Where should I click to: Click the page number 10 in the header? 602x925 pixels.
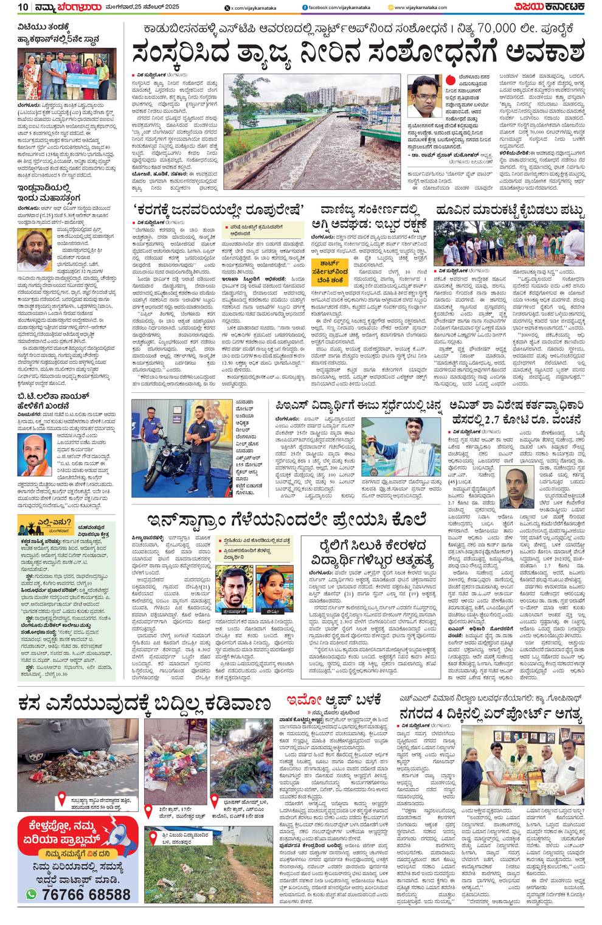[22, 7]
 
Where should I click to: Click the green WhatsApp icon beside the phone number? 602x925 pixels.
[32, 894]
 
